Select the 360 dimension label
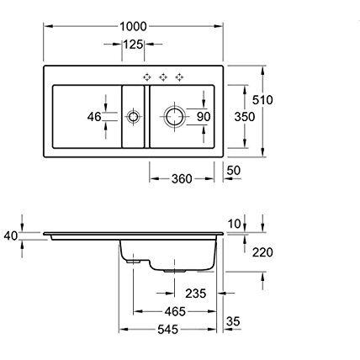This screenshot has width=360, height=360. [x=180, y=177]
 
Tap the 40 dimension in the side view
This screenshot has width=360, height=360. [x=11, y=236]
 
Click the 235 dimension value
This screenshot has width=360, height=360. [x=193, y=293]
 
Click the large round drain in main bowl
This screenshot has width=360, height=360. [x=174, y=116]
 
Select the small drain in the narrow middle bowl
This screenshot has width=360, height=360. [x=132, y=118]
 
